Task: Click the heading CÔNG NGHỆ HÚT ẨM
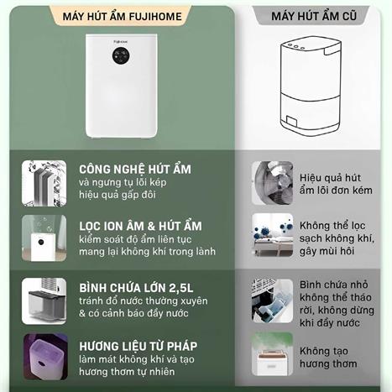pos(135,169)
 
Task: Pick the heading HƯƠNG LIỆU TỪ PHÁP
pos(138,345)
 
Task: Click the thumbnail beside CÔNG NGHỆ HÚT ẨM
pos(44,182)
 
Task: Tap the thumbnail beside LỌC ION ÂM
pos(44,238)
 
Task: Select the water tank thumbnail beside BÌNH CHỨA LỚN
pos(44,300)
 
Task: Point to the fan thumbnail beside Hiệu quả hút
pos(273,183)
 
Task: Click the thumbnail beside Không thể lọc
pos(273,236)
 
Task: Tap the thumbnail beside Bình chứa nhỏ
pos(273,298)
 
